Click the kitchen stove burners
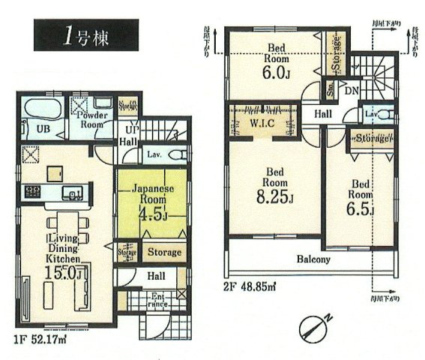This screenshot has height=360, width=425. pos(33,192)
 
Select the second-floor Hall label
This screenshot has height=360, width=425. pos(322,113)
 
